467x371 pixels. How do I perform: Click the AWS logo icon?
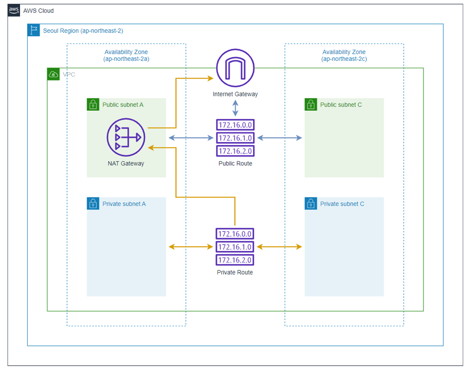pyautogui.click(x=14, y=11)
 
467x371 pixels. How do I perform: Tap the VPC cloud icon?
pyautogui.click(x=53, y=74)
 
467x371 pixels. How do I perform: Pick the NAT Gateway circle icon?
pyautogui.click(x=125, y=138)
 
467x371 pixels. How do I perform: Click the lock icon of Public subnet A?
pyautogui.click(x=93, y=104)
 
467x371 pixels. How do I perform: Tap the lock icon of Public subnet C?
pyautogui.click(x=311, y=104)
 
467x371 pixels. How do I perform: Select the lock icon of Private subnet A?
pyautogui.click(x=93, y=204)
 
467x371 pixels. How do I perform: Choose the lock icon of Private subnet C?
pyautogui.click(x=311, y=204)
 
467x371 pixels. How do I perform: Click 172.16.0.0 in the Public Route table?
pyautogui.click(x=235, y=125)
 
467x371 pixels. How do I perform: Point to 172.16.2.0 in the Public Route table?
pyautogui.click(x=235, y=151)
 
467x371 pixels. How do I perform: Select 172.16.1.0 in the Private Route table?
pyautogui.click(x=235, y=247)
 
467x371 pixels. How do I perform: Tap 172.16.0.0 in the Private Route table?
pyautogui.click(x=235, y=234)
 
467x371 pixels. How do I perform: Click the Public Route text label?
pyautogui.click(x=235, y=163)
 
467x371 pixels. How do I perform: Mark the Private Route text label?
pyautogui.click(x=235, y=272)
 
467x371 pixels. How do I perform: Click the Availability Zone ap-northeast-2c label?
pyautogui.click(x=344, y=55)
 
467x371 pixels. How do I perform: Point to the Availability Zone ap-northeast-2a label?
pyautogui.click(x=126, y=55)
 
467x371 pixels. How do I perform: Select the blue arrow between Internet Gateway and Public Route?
pyautogui.click(x=235, y=107)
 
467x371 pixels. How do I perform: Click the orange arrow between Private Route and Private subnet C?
pyautogui.click(x=279, y=247)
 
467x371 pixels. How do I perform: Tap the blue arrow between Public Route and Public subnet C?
pyautogui.click(x=279, y=138)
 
